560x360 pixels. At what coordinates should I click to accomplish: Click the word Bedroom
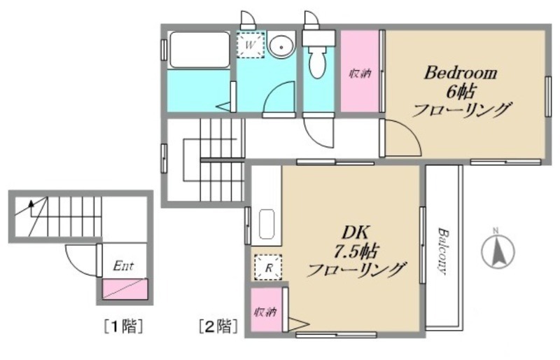point(461,74)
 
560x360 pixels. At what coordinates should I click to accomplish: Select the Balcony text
point(443,251)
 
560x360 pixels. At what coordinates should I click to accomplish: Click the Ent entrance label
point(123,266)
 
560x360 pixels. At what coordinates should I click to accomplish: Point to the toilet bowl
point(317,63)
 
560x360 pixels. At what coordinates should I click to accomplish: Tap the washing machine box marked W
point(251,45)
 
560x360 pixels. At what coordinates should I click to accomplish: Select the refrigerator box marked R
point(268,268)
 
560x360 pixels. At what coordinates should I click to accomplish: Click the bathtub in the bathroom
point(199,50)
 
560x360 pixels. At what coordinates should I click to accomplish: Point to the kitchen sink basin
point(267,224)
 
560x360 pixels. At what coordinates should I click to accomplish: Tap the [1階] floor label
point(124,326)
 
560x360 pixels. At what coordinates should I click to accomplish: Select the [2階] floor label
point(218,326)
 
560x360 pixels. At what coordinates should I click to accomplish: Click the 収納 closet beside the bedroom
point(360,71)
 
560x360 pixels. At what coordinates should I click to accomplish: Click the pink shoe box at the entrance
point(125,289)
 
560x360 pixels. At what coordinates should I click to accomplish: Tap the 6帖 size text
point(461,92)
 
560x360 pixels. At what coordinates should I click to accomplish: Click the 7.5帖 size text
point(356,251)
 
